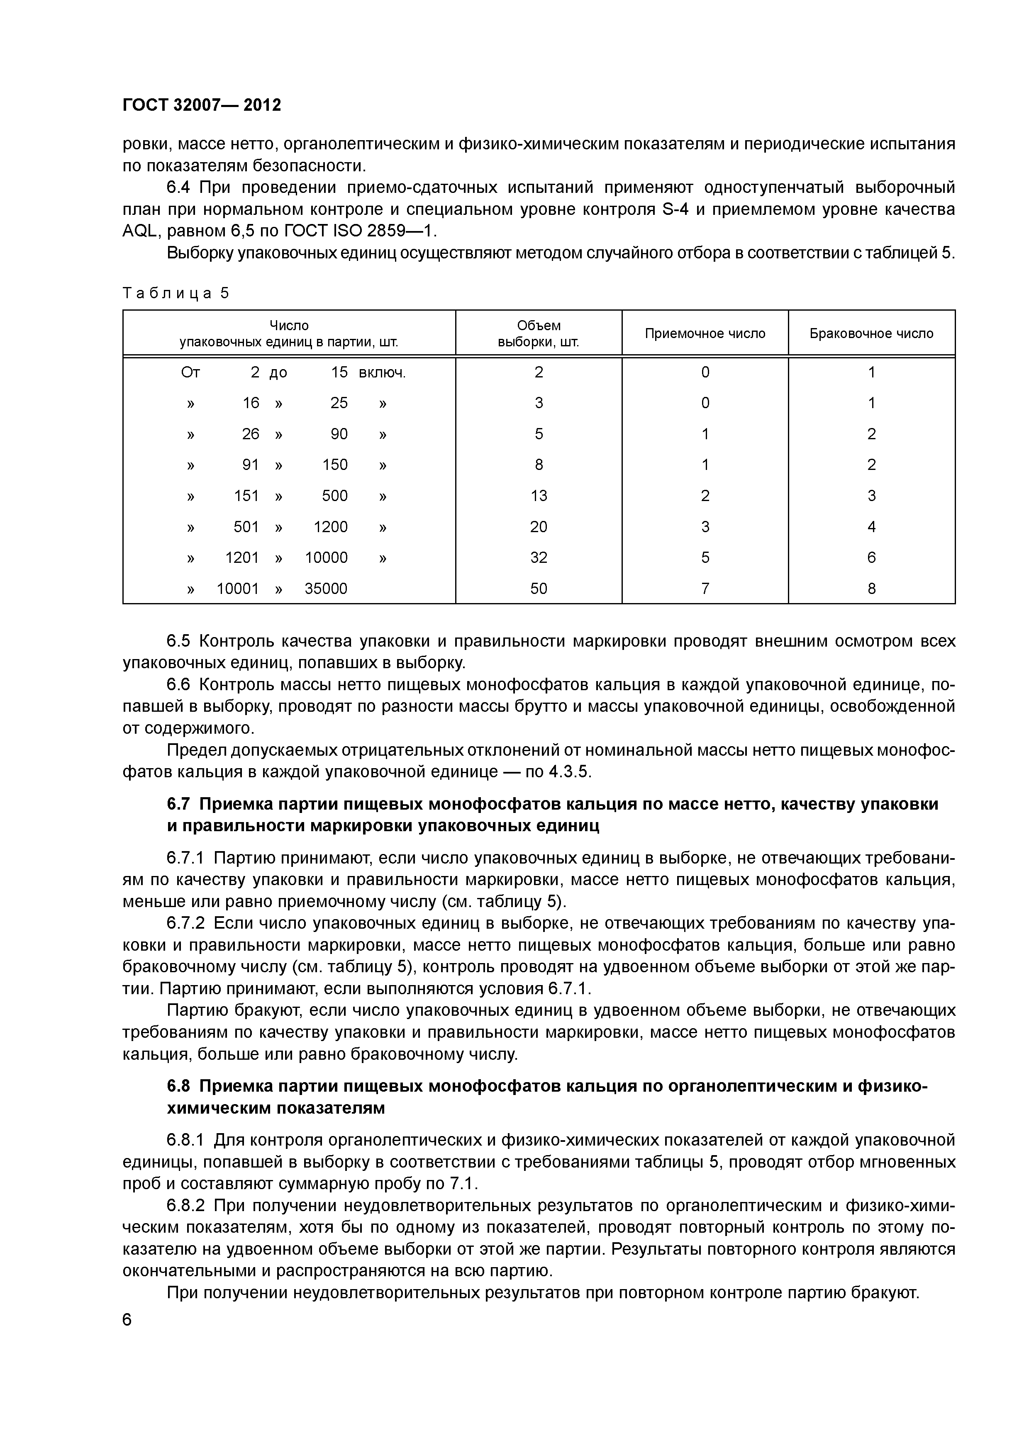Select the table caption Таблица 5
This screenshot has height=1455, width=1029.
click(176, 293)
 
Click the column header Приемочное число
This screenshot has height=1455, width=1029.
click(705, 333)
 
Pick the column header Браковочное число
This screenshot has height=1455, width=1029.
click(871, 333)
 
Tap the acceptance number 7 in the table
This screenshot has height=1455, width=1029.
click(705, 589)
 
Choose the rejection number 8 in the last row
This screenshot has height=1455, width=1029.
click(871, 589)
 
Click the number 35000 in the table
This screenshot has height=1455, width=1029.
click(326, 589)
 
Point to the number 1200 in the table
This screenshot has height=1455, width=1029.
click(330, 527)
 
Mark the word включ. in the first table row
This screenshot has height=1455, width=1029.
click(382, 372)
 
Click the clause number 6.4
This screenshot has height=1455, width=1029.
click(179, 187)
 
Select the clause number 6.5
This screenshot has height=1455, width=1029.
click(179, 641)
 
